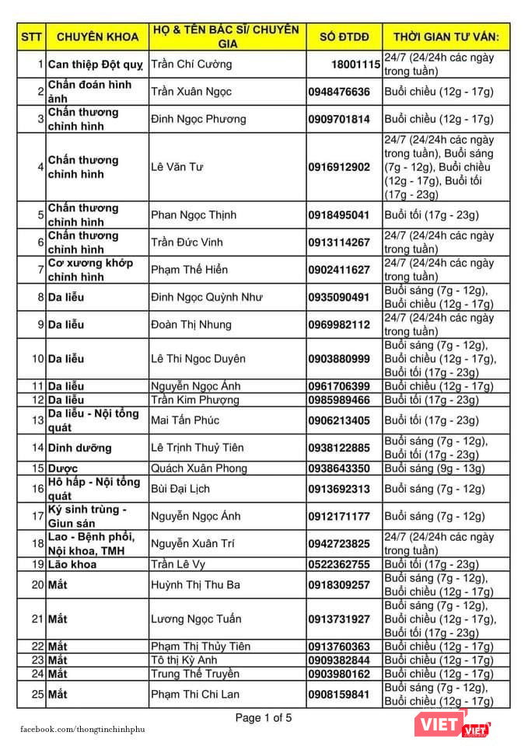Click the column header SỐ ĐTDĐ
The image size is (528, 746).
click(x=344, y=36)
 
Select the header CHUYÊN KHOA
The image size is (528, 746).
click(x=97, y=36)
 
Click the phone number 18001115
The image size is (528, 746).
click(x=355, y=64)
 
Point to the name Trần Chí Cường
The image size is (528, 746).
click(x=191, y=64)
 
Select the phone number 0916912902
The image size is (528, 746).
click(x=339, y=166)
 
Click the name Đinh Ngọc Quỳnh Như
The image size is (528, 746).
click(x=206, y=297)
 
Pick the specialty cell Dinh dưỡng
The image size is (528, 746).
click(x=79, y=448)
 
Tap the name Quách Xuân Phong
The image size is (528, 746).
click(x=199, y=469)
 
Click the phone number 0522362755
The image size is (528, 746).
click(x=339, y=564)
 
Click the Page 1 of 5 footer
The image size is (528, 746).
click(x=264, y=718)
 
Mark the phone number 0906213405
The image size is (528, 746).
click(x=339, y=420)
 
